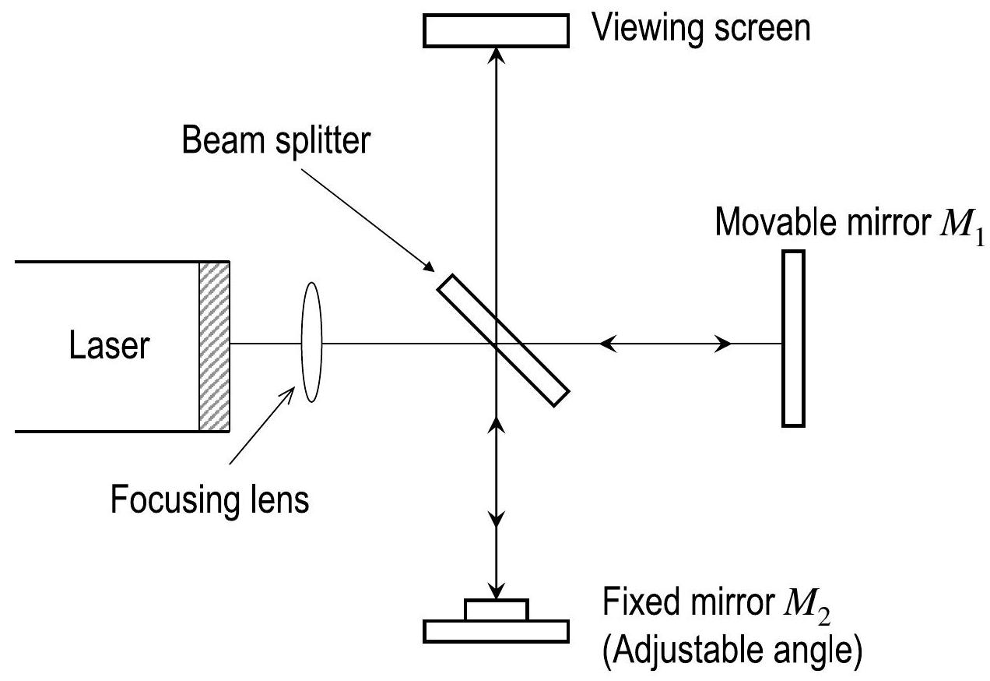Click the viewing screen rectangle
click(496, 30)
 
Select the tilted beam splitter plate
click(502, 339)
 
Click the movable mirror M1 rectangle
click(793, 337)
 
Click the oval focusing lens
click(311, 342)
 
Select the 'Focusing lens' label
click(209, 499)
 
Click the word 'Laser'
click(107, 344)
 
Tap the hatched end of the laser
click(214, 346)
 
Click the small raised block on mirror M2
click(496, 609)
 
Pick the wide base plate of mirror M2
click(496, 630)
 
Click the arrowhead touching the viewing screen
click(496, 54)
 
